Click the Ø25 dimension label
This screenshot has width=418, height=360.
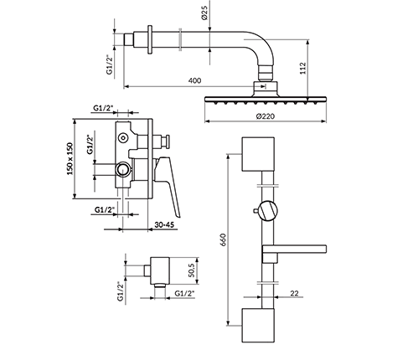204,13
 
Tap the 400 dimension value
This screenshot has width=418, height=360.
194,80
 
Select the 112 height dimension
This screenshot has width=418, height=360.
303,68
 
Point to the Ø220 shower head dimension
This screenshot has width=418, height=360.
265,116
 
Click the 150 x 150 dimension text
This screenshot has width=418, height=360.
70,159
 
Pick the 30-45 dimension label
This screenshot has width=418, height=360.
165,224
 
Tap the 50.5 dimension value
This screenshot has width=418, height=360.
193,270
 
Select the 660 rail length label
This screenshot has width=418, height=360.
224,239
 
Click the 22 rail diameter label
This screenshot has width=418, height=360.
294,293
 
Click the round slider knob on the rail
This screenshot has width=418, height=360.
268,211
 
